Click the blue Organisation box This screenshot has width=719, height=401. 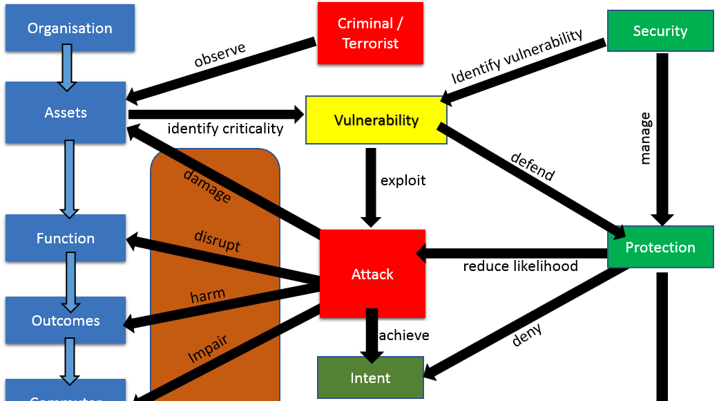70,28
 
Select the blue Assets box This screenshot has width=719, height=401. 66,113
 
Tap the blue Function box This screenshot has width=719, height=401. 66,239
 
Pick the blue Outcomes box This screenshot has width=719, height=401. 66,321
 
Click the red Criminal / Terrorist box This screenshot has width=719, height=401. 370,33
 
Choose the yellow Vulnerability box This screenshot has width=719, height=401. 376,120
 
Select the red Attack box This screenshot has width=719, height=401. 372,274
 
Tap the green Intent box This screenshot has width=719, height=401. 370,378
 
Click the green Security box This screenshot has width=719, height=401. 660,31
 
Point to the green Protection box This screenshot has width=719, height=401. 660,248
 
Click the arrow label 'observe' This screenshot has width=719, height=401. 220,55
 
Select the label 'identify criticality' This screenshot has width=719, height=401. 225,129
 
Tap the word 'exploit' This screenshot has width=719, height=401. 403,181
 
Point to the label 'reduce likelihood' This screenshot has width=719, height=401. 520,266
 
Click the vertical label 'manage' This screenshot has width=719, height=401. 646,138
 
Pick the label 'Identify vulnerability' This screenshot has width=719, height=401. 517,56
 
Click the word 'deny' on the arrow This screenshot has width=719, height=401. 528,335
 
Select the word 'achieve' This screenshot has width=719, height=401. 404,335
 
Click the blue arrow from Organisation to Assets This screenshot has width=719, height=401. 67,67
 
